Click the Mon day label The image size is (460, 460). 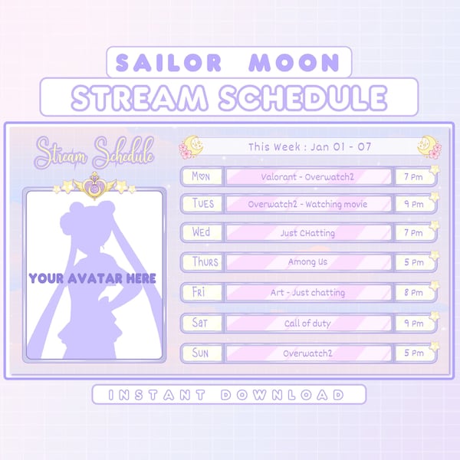[201, 176]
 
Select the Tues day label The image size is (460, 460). [203, 205]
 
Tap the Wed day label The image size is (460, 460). [202, 232]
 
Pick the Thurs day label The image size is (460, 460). [205, 262]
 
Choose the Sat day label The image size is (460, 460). [200, 323]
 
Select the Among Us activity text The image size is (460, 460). [307, 262]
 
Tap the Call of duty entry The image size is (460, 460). [307, 323]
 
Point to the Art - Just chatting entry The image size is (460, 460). [307, 292]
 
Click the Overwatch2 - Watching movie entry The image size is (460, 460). [307, 205]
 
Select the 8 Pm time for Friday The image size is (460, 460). [413, 292]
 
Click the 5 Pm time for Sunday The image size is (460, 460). [413, 353]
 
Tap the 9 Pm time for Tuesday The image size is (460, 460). [413, 205]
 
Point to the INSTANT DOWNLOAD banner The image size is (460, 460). [229, 395]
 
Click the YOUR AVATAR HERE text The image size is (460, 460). [92, 278]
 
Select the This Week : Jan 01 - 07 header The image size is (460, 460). [310, 146]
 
